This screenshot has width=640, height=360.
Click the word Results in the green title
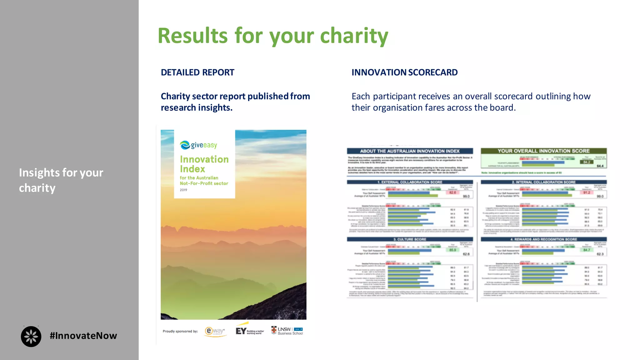coord(192,36)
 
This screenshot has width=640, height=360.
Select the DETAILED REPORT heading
coord(197,72)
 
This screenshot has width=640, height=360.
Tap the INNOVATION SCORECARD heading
coord(404,72)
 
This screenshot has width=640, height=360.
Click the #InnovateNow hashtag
coord(83,336)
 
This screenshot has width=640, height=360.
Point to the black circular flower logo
coord(31,337)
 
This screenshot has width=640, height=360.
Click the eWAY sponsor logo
coord(215,331)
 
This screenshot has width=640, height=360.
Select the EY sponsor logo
coord(249,331)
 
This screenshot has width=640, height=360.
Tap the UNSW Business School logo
coord(287,331)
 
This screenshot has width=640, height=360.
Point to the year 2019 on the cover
coord(183,190)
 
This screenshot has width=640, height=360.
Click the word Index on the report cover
coord(192,169)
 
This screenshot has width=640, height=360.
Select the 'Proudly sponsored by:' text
coord(180,331)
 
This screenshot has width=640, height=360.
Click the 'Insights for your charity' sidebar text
coord(61,180)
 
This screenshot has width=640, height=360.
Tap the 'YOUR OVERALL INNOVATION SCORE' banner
coord(543,151)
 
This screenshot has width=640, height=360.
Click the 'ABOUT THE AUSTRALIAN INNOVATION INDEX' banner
coord(409,151)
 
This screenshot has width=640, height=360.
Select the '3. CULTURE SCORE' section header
coord(409,239)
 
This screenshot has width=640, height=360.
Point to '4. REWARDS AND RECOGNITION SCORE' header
coord(543,239)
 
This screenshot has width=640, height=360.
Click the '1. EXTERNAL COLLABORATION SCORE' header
coord(409,182)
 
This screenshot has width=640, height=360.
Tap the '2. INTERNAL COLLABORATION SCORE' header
coord(543,182)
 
